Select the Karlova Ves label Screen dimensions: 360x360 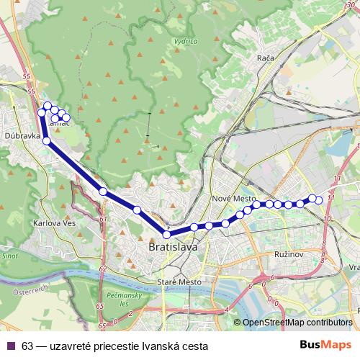click(x=50, y=223)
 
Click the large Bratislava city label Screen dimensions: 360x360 click(x=172, y=247)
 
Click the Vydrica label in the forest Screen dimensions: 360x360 click(x=186, y=41)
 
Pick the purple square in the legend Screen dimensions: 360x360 click(x=10, y=346)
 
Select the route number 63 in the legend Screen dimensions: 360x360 click(x=27, y=346)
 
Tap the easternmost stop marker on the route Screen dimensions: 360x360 click(x=319, y=199)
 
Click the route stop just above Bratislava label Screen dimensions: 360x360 click(x=167, y=235)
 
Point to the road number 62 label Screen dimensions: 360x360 click(x=102, y=268)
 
